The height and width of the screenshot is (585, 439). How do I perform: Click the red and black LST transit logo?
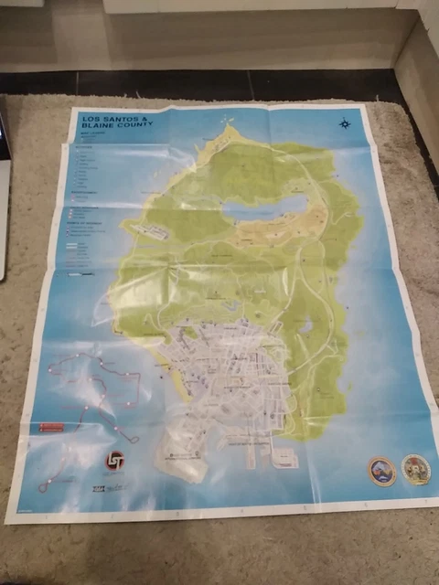pyautogui.click(x=116, y=463)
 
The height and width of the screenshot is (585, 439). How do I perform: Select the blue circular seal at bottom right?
pyautogui.click(x=381, y=470)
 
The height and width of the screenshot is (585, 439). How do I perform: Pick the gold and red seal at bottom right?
pyautogui.click(x=416, y=469)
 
